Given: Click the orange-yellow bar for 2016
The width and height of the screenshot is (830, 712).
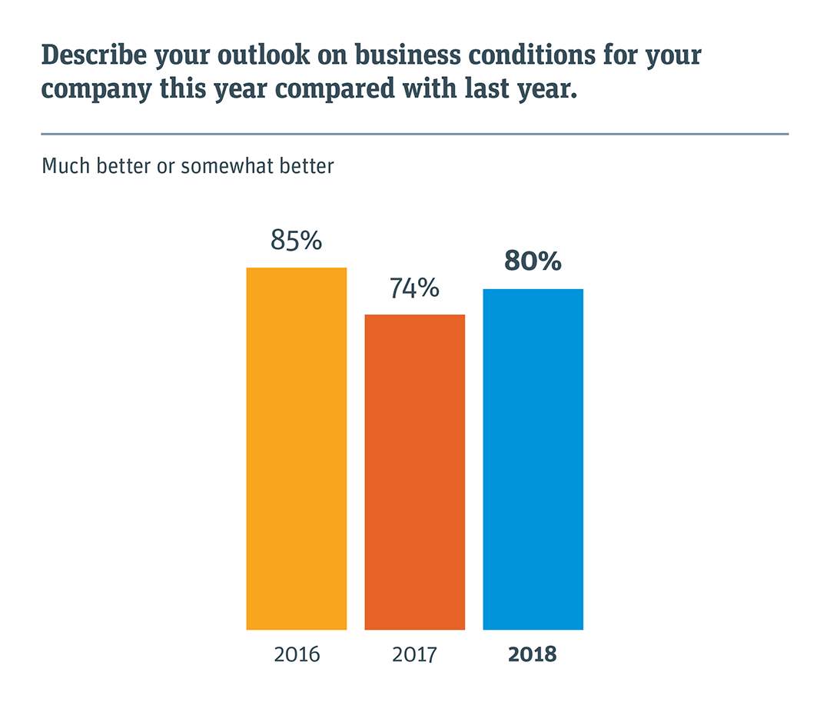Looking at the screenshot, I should click(296, 448).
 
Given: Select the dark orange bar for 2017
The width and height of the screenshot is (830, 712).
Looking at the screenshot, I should click(414, 472).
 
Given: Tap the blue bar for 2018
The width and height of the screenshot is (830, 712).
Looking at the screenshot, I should click(533, 459).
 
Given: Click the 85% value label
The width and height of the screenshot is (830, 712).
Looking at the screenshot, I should click(296, 241).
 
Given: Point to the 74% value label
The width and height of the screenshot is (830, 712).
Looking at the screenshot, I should click(414, 288).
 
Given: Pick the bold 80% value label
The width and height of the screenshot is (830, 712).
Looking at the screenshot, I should click(533, 261).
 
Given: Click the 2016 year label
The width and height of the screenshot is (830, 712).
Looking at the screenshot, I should click(296, 655).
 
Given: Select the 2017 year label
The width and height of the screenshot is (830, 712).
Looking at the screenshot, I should click(414, 655).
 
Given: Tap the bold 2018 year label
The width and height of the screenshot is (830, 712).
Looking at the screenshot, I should click(533, 655).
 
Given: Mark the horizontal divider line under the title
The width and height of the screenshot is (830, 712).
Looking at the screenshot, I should click(415, 134).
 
